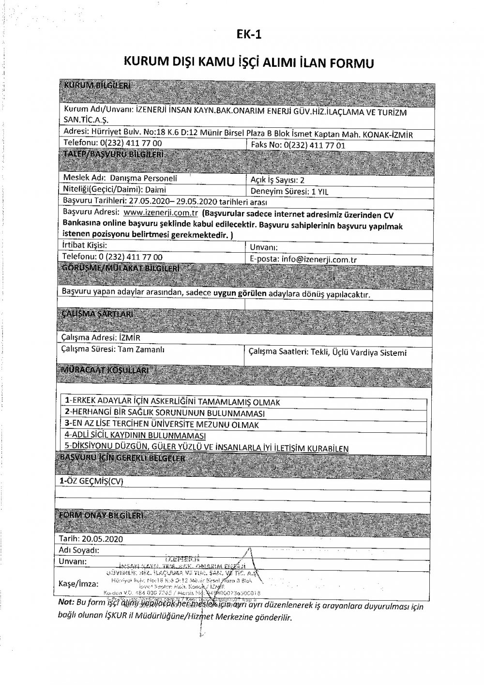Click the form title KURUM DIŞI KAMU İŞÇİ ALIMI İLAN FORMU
tap(249, 63)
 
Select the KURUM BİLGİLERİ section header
tap(97, 86)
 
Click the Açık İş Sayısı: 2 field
tap(275, 180)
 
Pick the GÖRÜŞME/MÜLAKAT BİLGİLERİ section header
tap(121, 268)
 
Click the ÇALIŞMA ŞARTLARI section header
tap(98, 314)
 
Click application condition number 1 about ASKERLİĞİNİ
tap(172, 402)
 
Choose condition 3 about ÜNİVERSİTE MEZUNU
tap(162, 425)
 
